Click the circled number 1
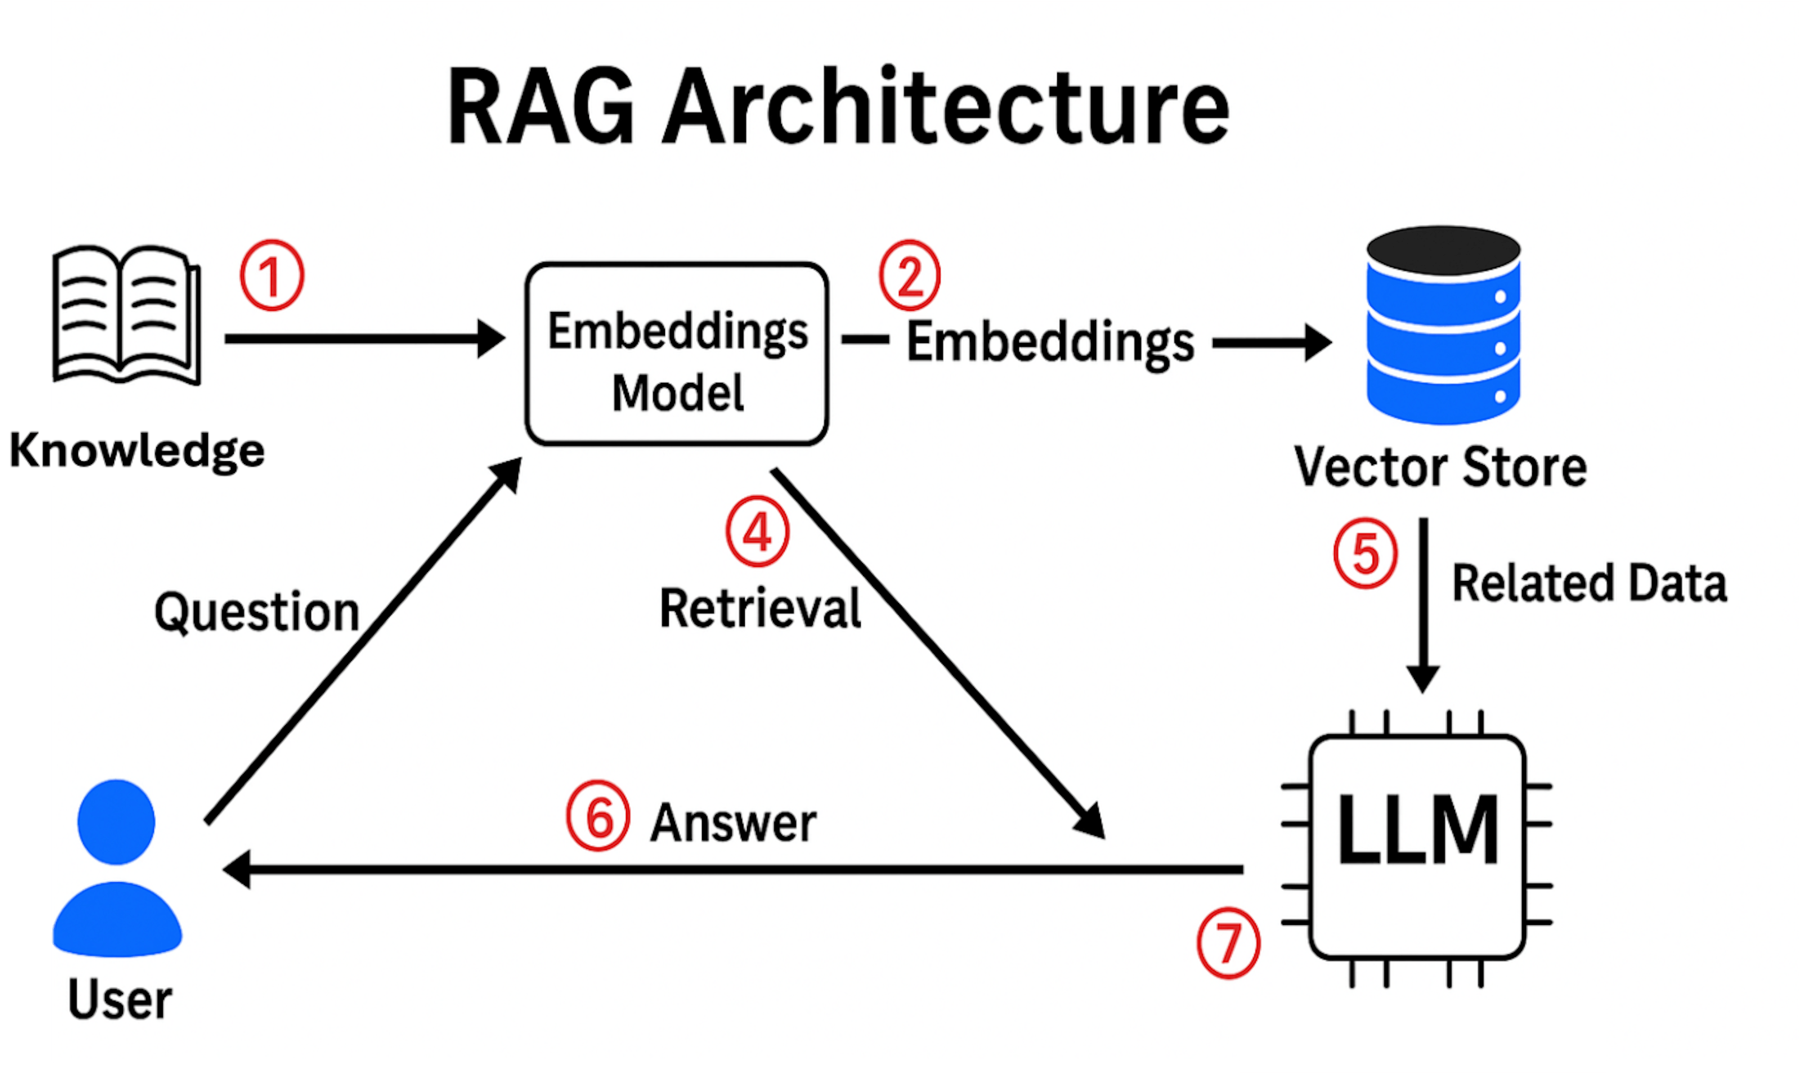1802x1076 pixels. click(272, 276)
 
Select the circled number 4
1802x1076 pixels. click(757, 532)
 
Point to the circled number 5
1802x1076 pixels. click(1366, 554)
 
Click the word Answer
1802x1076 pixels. click(733, 824)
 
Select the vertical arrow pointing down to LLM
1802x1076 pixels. click(1423, 605)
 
